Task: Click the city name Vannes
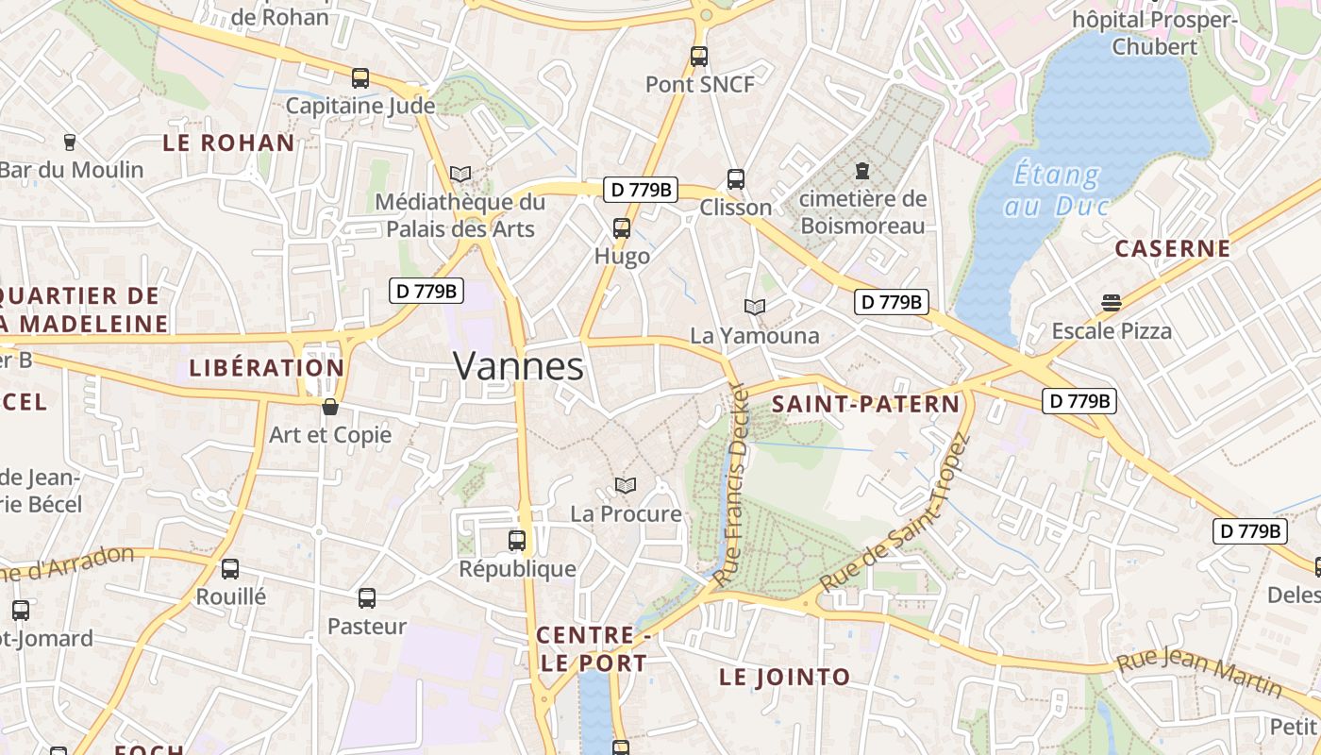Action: pyautogui.click(x=518, y=366)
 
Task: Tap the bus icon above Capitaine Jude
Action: pyautogui.click(x=360, y=78)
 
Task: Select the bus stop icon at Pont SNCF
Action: pyautogui.click(x=698, y=57)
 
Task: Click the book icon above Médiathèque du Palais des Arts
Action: pyautogui.click(x=460, y=175)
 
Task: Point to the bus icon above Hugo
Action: pyautogui.click(x=621, y=227)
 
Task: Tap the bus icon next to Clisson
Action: pyautogui.click(x=735, y=179)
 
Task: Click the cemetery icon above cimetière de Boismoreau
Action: pyautogui.click(x=861, y=171)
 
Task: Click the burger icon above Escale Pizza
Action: pyautogui.click(x=1112, y=303)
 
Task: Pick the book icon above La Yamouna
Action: pyautogui.click(x=754, y=307)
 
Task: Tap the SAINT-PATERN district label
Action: pyautogui.click(x=865, y=405)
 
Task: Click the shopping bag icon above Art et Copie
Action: pyautogui.click(x=329, y=407)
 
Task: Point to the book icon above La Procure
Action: pyautogui.click(x=625, y=485)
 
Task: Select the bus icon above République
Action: pyautogui.click(x=516, y=541)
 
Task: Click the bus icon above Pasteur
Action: pyautogui.click(x=366, y=597)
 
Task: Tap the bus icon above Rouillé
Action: pyautogui.click(x=230, y=569)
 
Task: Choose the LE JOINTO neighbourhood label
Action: pyautogui.click(x=784, y=677)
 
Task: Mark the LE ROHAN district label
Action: pyautogui.click(x=228, y=143)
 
